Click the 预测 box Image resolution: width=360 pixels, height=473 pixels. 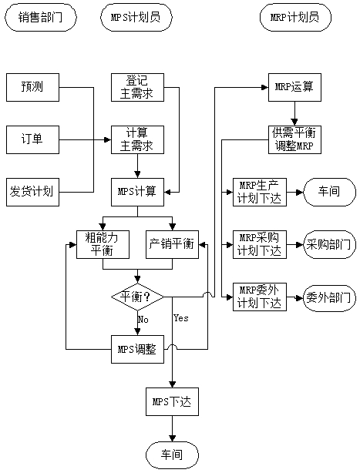[32, 87]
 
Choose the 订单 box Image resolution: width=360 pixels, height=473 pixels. [32, 139]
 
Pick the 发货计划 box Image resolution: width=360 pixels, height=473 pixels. [32, 190]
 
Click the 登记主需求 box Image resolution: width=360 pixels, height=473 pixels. [137, 87]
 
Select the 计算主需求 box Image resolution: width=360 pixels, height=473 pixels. [137, 139]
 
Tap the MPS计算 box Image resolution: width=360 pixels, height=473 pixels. [137, 190]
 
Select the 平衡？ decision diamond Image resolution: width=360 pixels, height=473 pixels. [137, 297]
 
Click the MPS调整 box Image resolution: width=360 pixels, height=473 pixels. [137, 348]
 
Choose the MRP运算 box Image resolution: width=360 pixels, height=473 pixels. [294, 87]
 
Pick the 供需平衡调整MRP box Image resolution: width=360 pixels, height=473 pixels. [294, 139]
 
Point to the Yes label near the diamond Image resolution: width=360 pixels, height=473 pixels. [181, 317]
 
